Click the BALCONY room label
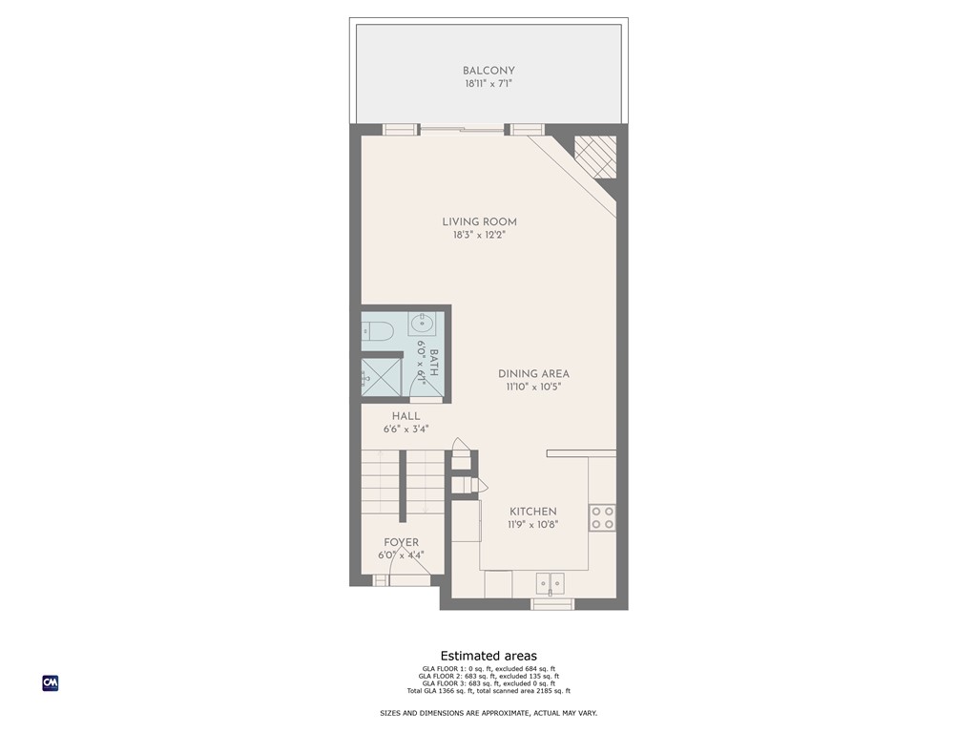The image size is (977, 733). (488, 71)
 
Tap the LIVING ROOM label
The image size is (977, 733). (479, 222)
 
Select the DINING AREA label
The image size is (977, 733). (533, 374)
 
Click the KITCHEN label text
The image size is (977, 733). (532, 512)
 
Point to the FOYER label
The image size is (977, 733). (401, 542)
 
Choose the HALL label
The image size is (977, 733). (405, 416)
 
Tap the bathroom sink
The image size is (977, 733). (422, 325)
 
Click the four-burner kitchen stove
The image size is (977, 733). (602, 518)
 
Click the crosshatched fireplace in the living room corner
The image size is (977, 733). (594, 157)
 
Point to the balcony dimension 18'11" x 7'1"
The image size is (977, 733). (488, 84)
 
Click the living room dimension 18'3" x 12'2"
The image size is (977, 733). (479, 235)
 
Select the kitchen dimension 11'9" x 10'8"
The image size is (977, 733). (532, 524)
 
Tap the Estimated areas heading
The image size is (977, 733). (488, 656)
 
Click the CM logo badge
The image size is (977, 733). (51, 682)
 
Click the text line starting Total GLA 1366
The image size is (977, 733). (488, 690)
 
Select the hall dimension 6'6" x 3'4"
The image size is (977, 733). (405, 429)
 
